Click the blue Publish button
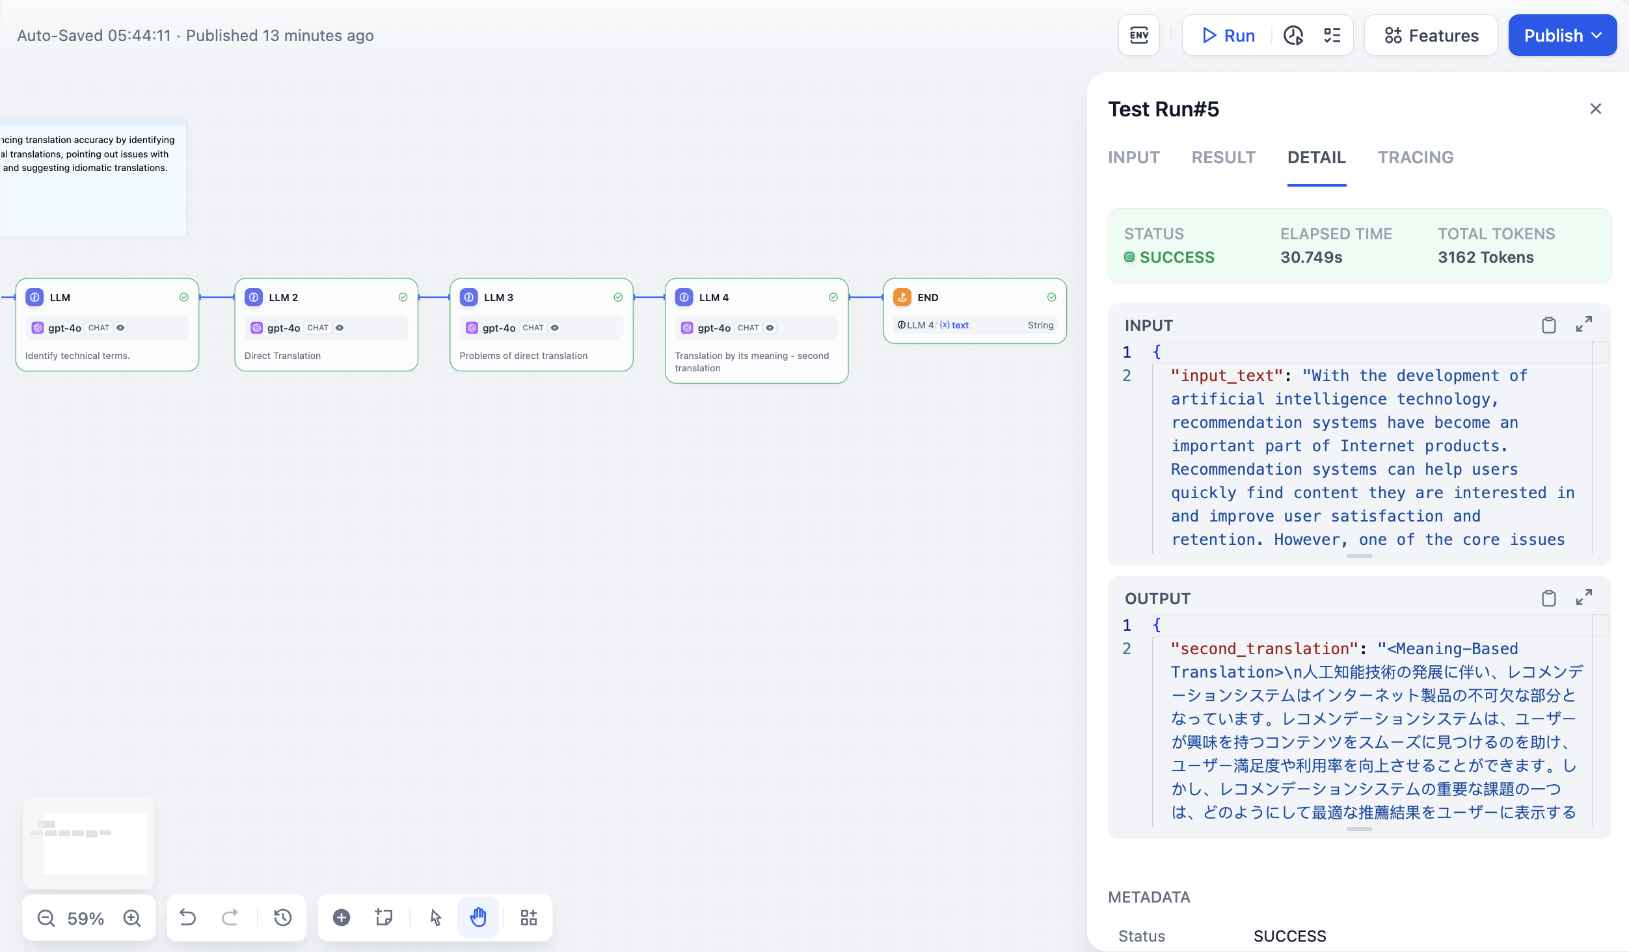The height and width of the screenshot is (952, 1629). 1562,36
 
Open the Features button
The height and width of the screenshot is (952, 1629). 1431,36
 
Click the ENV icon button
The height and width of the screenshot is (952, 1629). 1138,35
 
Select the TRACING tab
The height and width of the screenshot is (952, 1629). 1415,157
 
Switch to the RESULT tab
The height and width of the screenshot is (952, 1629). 1223,157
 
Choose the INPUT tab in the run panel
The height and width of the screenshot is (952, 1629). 1133,157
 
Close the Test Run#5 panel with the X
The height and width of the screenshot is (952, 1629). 1595,109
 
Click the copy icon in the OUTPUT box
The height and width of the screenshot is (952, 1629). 1548,598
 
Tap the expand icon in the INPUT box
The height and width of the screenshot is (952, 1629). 1584,324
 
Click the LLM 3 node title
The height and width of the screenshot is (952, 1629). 498,297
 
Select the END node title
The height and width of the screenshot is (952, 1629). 928,297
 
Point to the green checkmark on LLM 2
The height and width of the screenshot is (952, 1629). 403,297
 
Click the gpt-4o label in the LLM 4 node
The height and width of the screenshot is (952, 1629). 714,328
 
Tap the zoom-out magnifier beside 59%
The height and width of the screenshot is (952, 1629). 46,918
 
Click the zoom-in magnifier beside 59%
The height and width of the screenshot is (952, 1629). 132,918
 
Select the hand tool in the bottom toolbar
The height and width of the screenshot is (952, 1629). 478,918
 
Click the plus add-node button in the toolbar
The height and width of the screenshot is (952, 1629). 342,918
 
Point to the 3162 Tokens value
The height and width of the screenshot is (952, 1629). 1486,258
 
